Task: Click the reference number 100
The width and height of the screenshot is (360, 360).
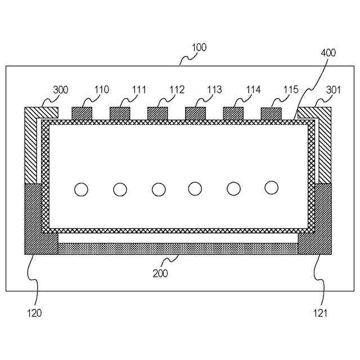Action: click(199, 48)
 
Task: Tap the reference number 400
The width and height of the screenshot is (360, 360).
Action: click(328, 53)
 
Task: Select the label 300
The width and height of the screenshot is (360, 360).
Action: click(61, 89)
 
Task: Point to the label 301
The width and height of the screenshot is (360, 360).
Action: click(334, 89)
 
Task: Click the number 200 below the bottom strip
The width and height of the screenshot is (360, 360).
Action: click(160, 274)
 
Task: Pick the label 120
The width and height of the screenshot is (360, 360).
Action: click(34, 313)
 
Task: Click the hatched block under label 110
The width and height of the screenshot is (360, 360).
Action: click(82, 113)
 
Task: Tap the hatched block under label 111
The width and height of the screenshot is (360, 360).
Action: click(120, 113)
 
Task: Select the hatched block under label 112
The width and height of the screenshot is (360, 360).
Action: click(157, 113)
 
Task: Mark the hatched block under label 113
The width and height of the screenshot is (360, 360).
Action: click(195, 113)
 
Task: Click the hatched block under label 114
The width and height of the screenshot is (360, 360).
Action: click(233, 113)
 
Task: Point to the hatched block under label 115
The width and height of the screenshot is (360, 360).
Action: click(271, 113)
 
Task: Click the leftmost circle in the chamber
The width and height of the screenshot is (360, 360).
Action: click(82, 190)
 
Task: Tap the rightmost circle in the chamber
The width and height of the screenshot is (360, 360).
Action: click(272, 187)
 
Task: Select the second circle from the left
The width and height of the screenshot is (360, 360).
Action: click(120, 190)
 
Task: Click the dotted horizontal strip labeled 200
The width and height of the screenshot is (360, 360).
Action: click(178, 249)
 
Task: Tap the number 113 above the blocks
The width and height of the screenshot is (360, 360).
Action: click(214, 89)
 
